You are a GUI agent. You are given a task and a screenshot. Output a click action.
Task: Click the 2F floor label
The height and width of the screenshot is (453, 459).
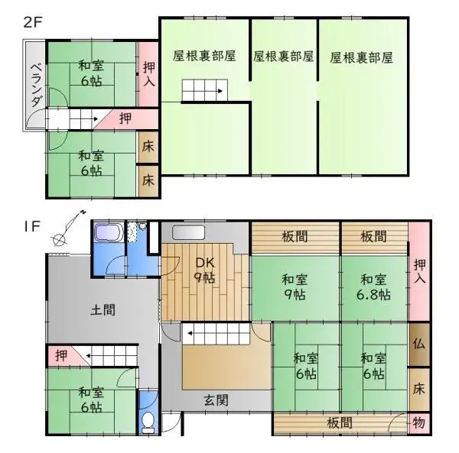(x=31, y=21)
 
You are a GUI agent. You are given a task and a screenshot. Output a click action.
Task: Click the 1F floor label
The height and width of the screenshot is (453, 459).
(x=31, y=225)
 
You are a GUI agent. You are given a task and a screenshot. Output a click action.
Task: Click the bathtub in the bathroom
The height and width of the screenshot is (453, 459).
(x=108, y=233)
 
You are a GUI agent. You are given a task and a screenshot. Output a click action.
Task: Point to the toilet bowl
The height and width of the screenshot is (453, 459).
(x=150, y=421)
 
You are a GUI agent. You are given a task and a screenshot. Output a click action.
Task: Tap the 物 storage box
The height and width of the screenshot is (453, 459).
(x=419, y=422)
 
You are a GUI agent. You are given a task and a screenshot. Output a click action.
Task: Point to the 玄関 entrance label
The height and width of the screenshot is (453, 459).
(x=216, y=400)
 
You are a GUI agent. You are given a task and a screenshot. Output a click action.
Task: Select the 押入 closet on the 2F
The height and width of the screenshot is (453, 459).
(x=148, y=74)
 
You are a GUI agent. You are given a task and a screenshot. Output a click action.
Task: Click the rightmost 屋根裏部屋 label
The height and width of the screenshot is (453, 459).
(x=362, y=57)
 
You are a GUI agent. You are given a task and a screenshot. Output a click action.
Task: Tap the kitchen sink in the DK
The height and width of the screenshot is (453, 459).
(x=189, y=232)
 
